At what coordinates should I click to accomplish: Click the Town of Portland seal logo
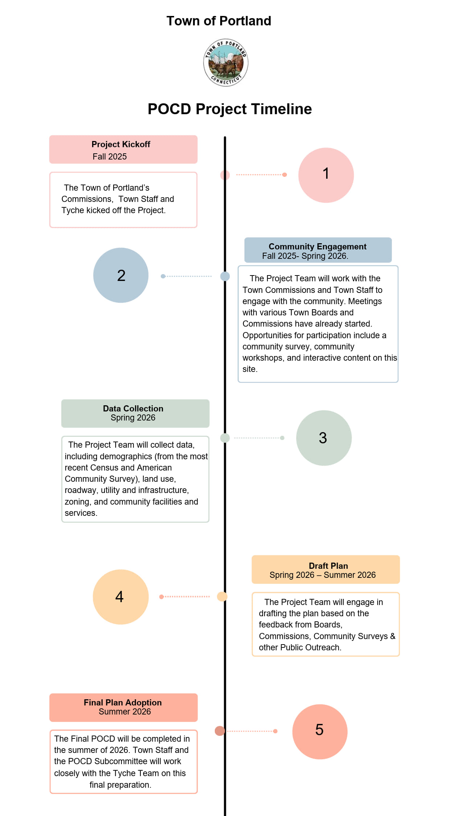click(226, 62)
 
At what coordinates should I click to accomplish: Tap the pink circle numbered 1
click(326, 175)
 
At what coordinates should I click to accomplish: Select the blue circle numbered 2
click(121, 275)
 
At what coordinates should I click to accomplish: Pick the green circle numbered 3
click(324, 438)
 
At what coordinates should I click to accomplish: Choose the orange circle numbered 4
click(120, 597)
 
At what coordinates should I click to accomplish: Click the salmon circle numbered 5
click(320, 732)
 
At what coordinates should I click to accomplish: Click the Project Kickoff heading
click(121, 144)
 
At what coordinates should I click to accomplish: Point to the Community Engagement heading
click(317, 247)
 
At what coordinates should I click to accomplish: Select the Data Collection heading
click(133, 409)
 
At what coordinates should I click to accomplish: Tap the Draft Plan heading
click(328, 566)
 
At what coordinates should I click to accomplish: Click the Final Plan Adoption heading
click(123, 703)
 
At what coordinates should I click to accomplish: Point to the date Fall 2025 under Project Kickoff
click(110, 157)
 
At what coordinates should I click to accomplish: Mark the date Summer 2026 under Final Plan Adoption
click(125, 712)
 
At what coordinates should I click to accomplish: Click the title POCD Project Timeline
click(230, 109)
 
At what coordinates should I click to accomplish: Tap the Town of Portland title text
click(219, 21)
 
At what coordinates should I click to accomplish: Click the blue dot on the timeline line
click(225, 276)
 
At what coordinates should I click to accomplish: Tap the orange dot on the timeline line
click(222, 596)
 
